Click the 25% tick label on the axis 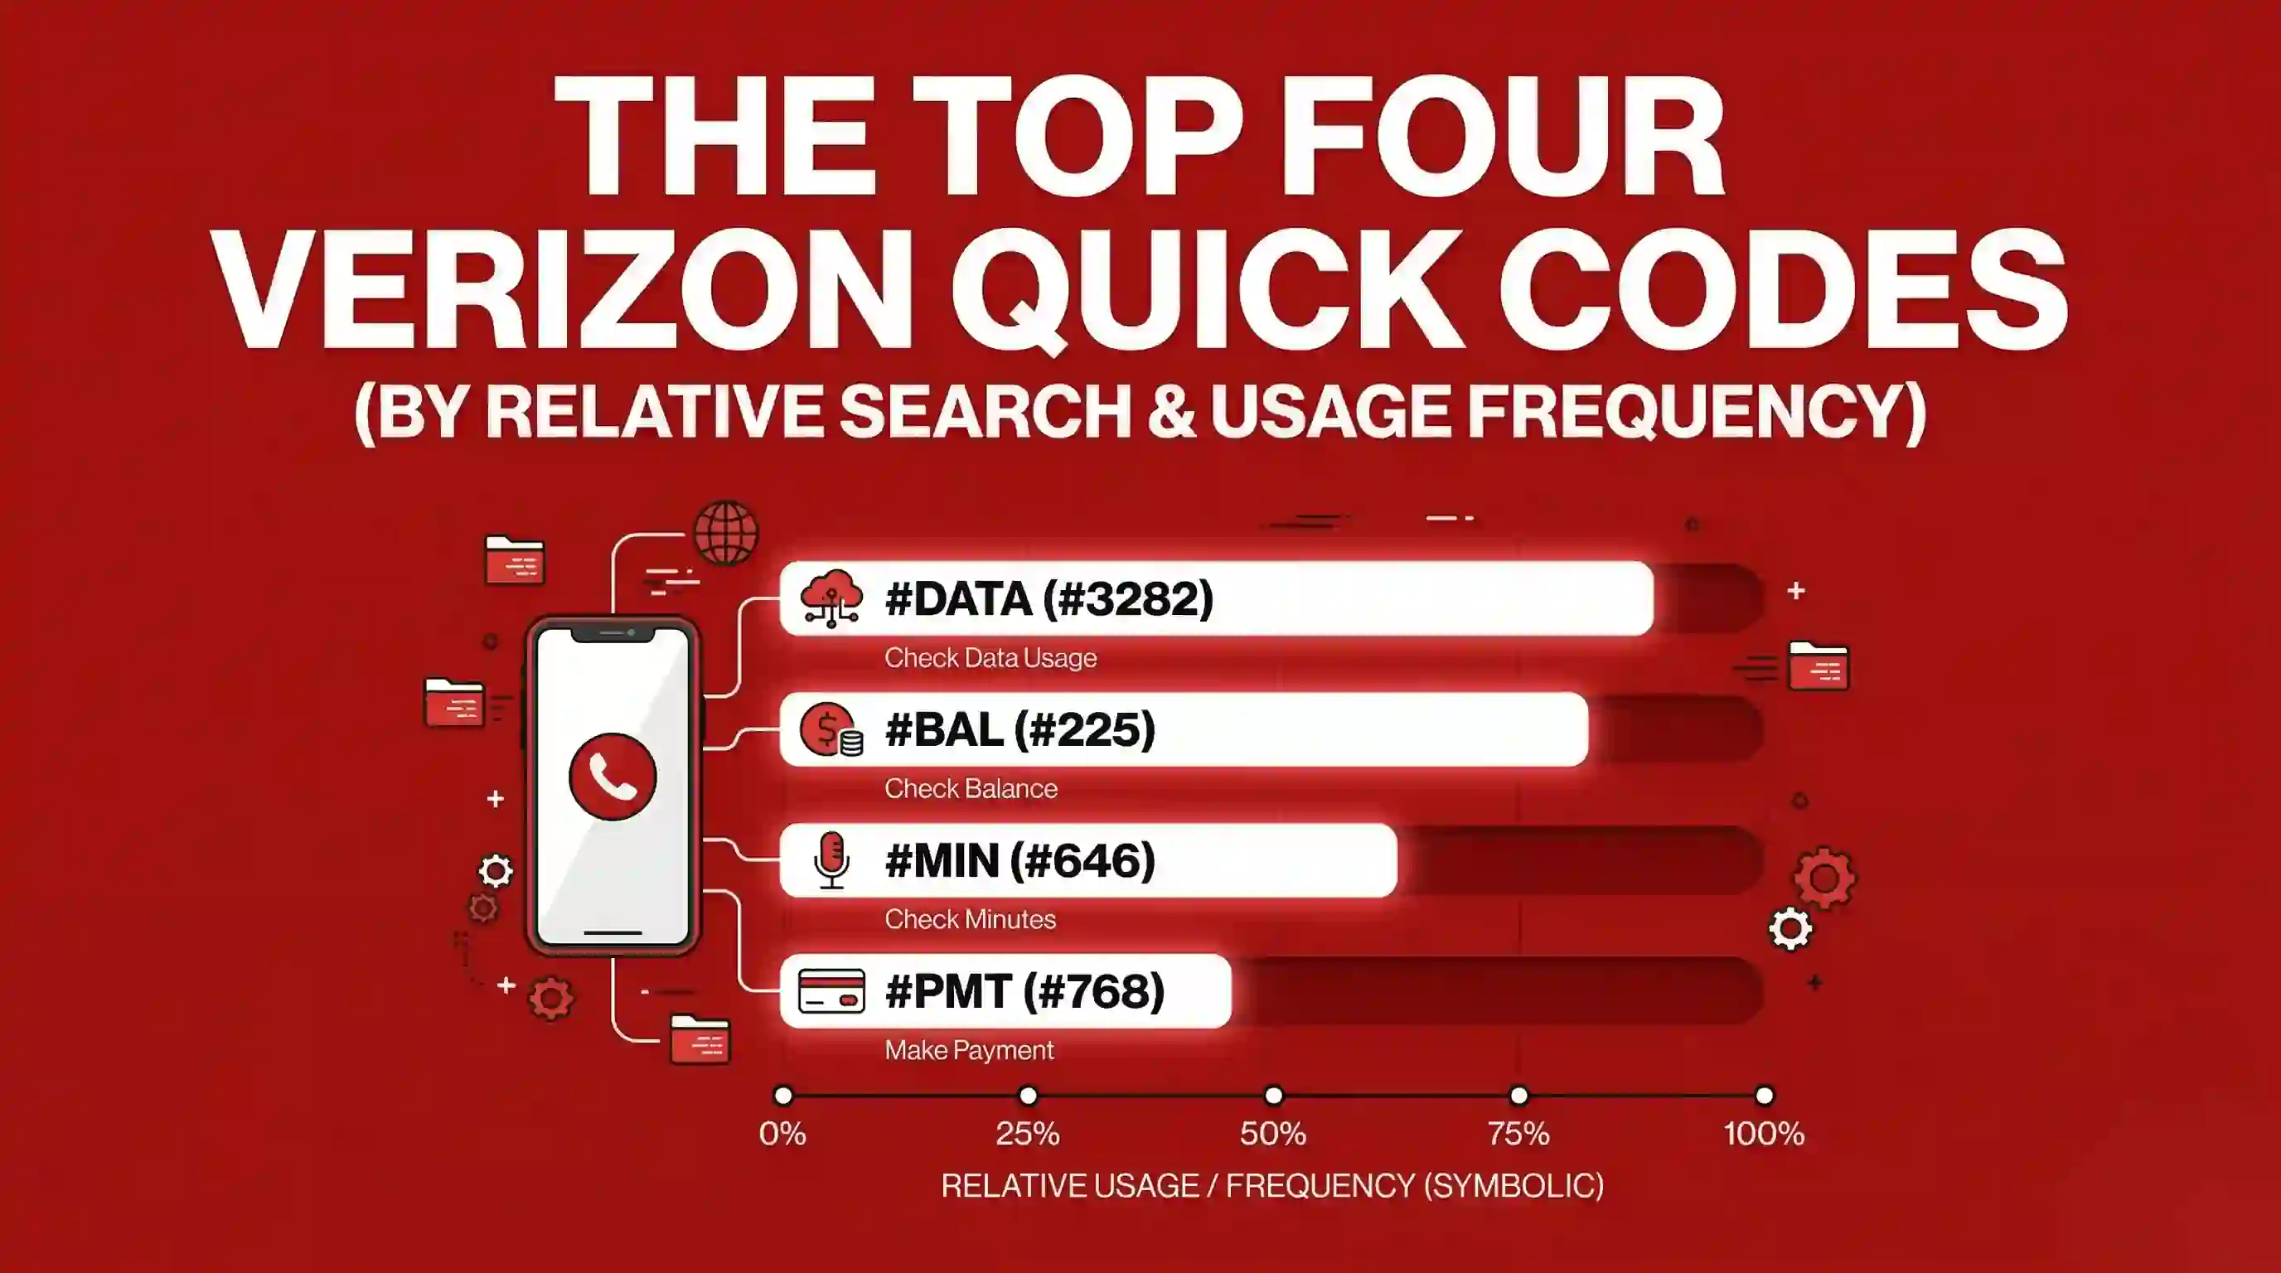(x=1027, y=1134)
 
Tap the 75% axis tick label (x=1518, y=1134)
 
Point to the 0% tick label (x=782, y=1134)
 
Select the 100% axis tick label (x=1764, y=1134)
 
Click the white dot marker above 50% (x=1273, y=1096)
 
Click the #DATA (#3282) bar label (x=1049, y=599)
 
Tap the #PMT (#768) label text (x=1024, y=991)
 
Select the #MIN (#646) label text (x=1020, y=860)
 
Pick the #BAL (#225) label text (x=1020, y=730)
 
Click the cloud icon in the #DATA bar (x=831, y=599)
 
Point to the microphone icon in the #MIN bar (x=831, y=860)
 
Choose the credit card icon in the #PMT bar (x=831, y=991)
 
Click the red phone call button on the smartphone (x=613, y=777)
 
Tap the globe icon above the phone (x=726, y=534)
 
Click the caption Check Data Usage (x=990, y=659)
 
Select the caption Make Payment (x=969, y=1051)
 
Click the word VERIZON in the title (x=564, y=292)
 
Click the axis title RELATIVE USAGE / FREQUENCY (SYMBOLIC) (x=1272, y=1186)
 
